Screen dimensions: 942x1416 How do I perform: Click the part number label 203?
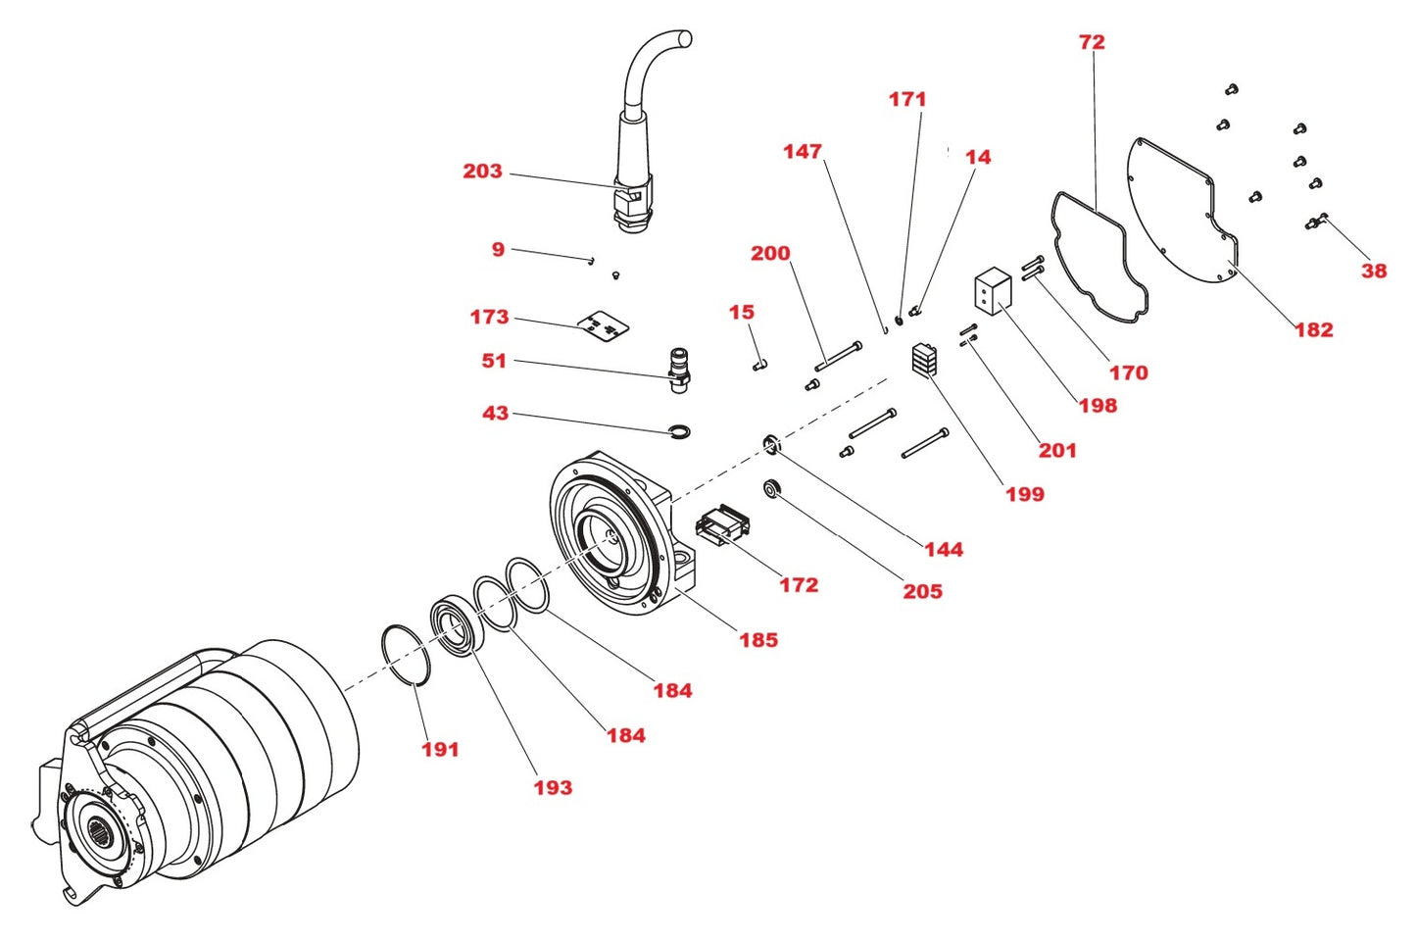(x=482, y=172)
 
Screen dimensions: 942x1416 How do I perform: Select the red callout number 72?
(x=1092, y=42)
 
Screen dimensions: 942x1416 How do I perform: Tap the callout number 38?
(x=1374, y=272)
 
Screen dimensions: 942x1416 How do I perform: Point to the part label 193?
(x=553, y=787)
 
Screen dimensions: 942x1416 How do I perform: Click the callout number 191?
(x=440, y=750)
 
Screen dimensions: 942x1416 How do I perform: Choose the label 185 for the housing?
(x=758, y=640)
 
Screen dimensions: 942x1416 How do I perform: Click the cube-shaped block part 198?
(x=993, y=291)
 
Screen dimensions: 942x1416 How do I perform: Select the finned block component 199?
(x=925, y=360)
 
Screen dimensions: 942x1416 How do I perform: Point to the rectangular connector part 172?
(x=723, y=525)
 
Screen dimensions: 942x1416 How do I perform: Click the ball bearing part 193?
(x=455, y=622)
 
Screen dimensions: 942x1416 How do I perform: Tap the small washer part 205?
(x=772, y=487)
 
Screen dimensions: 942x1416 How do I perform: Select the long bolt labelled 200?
(x=839, y=356)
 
